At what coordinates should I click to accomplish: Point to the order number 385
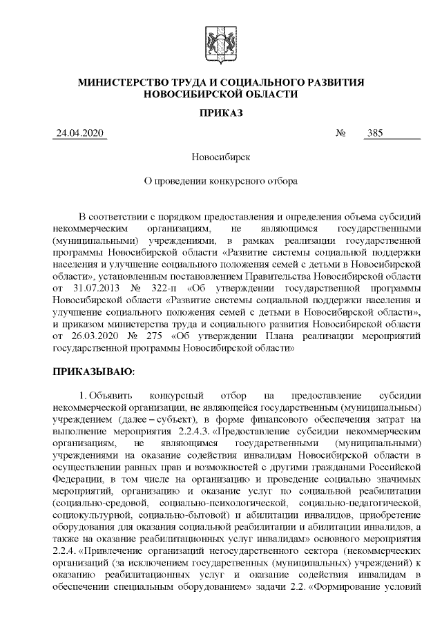pos(376,133)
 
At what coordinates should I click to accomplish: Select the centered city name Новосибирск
pos(220,158)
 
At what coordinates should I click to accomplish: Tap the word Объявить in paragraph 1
pos(112,396)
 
